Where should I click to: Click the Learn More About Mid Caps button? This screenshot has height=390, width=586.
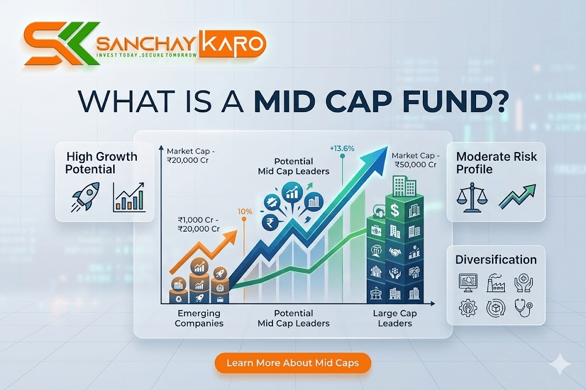pyautogui.click(x=293, y=363)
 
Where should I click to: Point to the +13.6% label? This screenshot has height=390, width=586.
pyautogui.click(x=342, y=149)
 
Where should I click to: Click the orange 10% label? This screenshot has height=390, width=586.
pyautogui.click(x=245, y=211)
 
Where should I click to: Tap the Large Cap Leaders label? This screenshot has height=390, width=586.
pyautogui.click(x=395, y=318)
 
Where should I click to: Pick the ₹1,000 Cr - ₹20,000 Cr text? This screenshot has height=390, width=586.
pyautogui.click(x=199, y=224)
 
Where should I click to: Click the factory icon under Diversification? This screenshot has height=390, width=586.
pyautogui.click(x=496, y=282)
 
